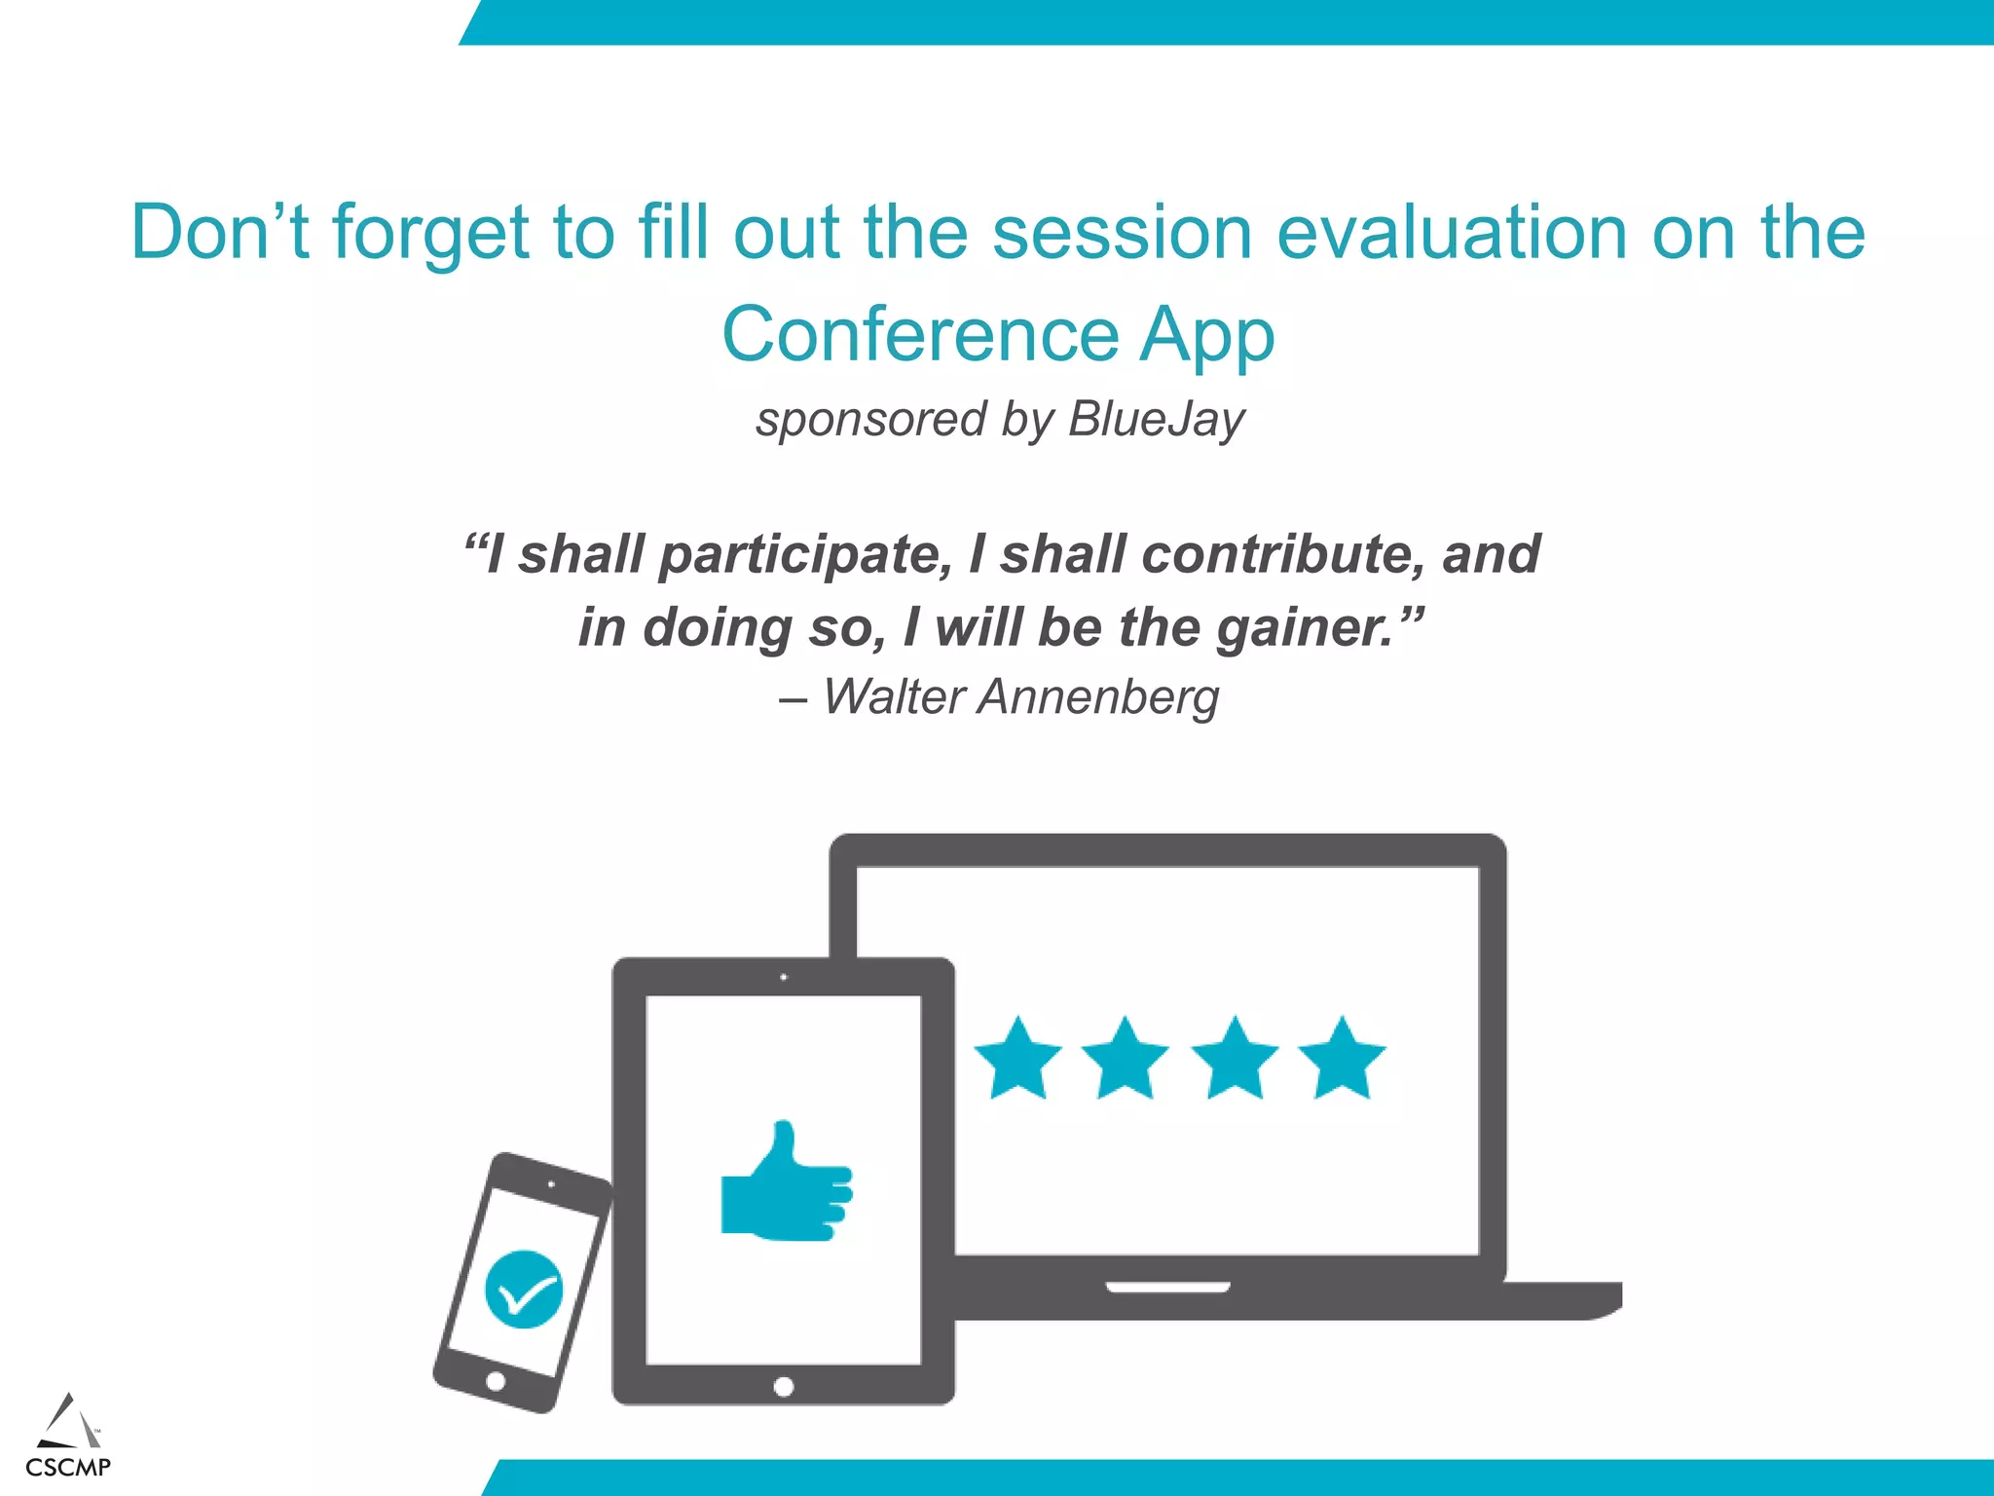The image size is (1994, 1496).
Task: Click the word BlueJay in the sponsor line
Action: click(x=1156, y=420)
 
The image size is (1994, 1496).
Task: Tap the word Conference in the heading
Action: click(x=920, y=334)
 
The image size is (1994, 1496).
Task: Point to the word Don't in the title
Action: click(x=220, y=233)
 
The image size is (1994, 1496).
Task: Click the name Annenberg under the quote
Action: click(x=1098, y=697)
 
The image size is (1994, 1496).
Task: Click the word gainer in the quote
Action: click(x=1305, y=628)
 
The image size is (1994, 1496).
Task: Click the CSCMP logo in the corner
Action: click(x=68, y=1437)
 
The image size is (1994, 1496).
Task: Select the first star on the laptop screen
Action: click(x=1017, y=1059)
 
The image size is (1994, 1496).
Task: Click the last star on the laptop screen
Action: click(x=1342, y=1059)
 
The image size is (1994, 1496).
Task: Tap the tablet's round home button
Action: click(x=784, y=1387)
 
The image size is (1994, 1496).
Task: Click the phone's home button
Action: click(x=496, y=1381)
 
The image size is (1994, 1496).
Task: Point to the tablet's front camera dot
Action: click(x=784, y=977)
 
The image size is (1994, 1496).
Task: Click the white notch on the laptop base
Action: click(x=1168, y=1288)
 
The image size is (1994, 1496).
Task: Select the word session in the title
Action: click(x=1122, y=233)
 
